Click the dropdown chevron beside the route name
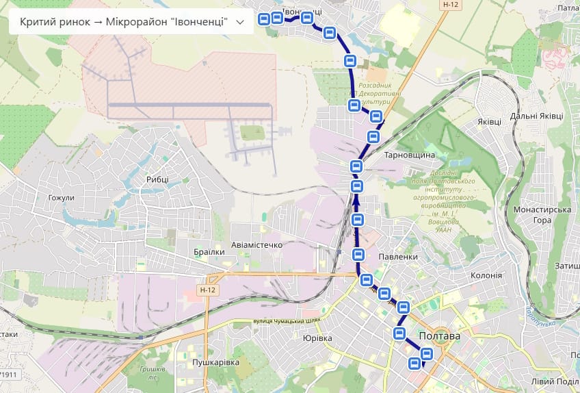239,23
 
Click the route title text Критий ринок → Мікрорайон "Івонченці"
124,23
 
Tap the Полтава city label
438,337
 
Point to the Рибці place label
157,179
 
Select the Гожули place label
61,198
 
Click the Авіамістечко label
256,244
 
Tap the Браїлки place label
209,252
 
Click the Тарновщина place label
410,155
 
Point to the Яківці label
490,121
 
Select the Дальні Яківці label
536,116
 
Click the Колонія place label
486,275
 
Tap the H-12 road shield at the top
450,4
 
